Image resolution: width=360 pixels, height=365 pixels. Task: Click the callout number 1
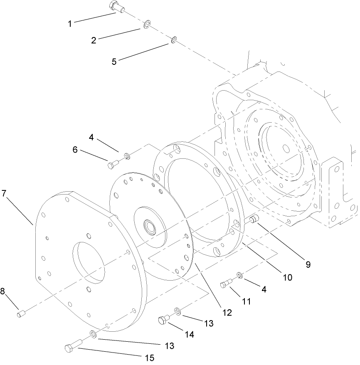[70, 24]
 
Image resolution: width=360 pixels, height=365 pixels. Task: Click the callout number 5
[114, 61]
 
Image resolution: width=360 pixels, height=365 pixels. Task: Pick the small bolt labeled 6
[113, 164]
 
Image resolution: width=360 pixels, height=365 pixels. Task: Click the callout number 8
[3, 291]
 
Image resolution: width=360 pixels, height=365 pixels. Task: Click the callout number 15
[149, 358]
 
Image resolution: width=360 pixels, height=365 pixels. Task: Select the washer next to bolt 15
[93, 334]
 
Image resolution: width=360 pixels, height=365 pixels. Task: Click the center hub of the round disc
[148, 227]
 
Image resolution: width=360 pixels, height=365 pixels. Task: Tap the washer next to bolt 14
[177, 312]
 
